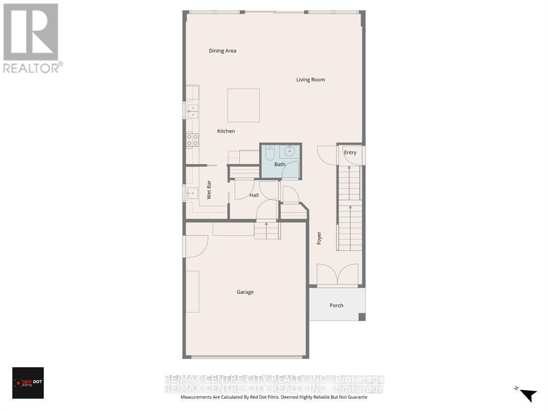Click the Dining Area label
pyautogui.click(x=223, y=51)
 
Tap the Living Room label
pyautogui.click(x=310, y=80)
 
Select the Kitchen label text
pyautogui.click(x=226, y=131)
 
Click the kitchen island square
pyautogui.click(x=243, y=105)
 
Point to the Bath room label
pyautogui.click(x=280, y=164)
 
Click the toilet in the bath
pyautogui.click(x=269, y=154)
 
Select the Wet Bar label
pyautogui.click(x=209, y=190)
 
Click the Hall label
pyautogui.click(x=254, y=195)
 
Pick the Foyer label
pyautogui.click(x=319, y=238)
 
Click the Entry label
pyautogui.click(x=350, y=153)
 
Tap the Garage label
pyautogui.click(x=245, y=292)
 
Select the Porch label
pyautogui.click(x=337, y=306)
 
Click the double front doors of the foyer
pyautogui.click(x=337, y=275)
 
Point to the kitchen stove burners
pyautogui.click(x=192, y=140)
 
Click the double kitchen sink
pyautogui.click(x=192, y=111)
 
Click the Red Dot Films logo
pyautogui.click(x=28, y=383)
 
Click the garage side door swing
pyautogui.click(x=195, y=246)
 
